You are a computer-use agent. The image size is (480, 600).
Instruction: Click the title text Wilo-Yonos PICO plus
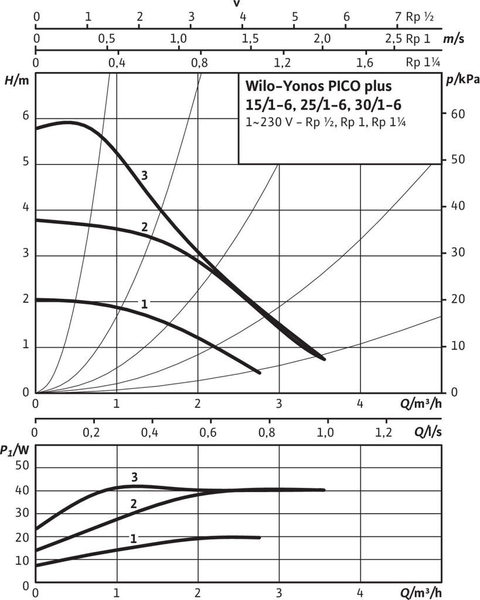tap(317, 87)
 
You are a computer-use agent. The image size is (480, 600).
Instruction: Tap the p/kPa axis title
tap(461, 81)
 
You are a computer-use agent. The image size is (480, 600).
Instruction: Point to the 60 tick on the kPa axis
tap(457, 114)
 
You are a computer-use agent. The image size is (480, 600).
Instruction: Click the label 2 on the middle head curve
tap(144, 227)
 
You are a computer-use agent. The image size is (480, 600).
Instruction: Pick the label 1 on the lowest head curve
tap(144, 304)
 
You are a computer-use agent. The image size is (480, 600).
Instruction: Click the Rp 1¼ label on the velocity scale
tap(423, 62)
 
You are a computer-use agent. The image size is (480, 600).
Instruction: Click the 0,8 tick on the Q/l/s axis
tap(267, 433)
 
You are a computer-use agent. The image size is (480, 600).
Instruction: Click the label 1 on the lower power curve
tap(133, 538)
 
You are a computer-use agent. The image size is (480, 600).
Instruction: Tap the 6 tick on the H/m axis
tap(25, 116)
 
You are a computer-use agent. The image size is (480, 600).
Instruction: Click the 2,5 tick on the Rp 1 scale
tap(394, 39)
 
